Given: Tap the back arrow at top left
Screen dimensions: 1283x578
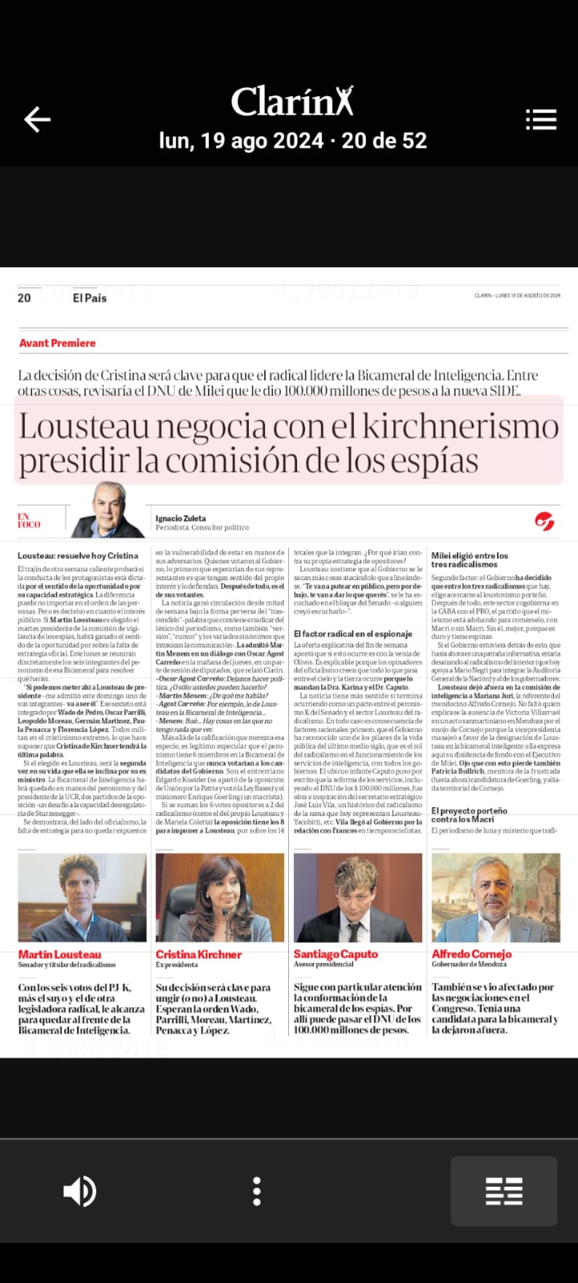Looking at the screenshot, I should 37,120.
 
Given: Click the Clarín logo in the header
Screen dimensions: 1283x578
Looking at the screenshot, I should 292,102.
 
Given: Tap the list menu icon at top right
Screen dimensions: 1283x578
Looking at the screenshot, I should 541,120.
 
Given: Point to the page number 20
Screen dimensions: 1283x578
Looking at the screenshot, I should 24,298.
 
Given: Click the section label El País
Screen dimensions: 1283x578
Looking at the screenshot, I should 89,298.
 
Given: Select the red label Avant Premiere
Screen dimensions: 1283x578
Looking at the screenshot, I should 57,343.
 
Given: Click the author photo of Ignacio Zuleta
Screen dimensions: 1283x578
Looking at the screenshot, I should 108,510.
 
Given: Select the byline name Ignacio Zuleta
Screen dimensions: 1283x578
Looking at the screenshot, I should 181,518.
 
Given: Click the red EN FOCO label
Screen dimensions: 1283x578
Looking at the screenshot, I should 29,521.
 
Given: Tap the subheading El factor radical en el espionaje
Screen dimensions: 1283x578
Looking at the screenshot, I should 352,634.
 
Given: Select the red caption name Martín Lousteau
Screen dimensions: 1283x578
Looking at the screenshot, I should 60,954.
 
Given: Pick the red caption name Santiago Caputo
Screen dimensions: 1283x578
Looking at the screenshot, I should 336,954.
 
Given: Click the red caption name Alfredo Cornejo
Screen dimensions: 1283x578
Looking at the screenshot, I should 471,954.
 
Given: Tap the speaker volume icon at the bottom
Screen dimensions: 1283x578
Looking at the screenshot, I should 79,1192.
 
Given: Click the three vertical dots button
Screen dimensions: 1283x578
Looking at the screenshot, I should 257,1192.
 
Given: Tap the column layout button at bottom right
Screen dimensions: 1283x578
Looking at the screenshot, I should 503,1192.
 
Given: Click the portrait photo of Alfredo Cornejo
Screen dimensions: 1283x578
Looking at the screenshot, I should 495,897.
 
